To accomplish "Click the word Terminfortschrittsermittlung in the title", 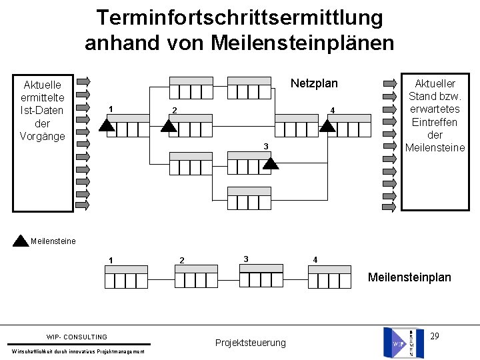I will [x=239, y=18].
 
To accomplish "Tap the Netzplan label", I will [x=314, y=83].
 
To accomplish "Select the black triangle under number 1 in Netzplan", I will [x=107, y=125].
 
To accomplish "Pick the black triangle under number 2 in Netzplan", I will [x=169, y=125].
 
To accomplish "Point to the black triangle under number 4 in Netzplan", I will [x=327, y=125].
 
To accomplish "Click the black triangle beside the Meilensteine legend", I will [x=21, y=240].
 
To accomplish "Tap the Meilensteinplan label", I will [x=409, y=277].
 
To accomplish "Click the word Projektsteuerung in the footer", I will [x=250, y=343].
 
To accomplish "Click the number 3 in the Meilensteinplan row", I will [x=246, y=259].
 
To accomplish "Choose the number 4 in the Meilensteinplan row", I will [x=315, y=259].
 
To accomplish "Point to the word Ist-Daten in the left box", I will [x=43, y=111].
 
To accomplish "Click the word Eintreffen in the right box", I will [x=435, y=122].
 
